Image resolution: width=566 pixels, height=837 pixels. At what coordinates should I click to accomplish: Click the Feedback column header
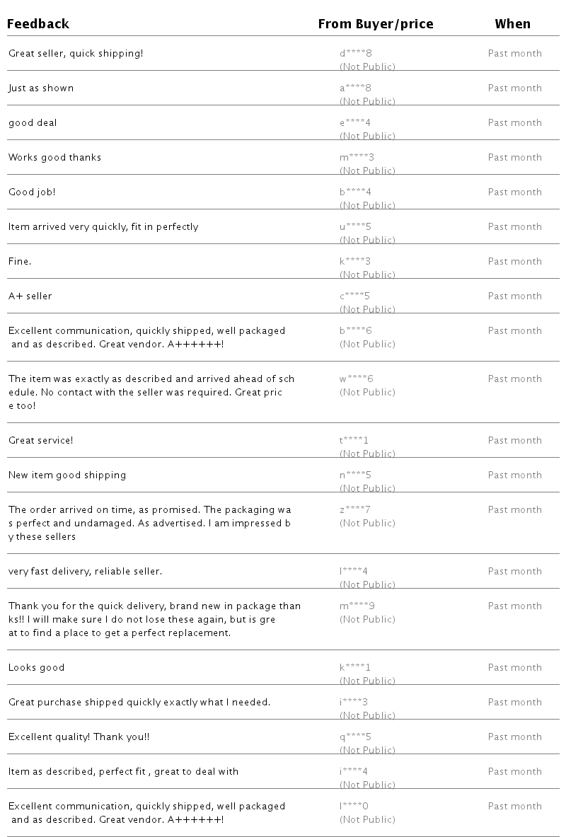point(38,24)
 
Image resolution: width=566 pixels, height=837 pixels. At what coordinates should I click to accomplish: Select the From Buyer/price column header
point(375,24)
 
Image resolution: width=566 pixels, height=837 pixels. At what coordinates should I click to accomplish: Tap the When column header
point(512,24)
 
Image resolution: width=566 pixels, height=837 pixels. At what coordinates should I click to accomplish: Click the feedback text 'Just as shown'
point(41,88)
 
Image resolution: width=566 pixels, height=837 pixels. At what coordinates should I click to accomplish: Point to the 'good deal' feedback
point(33,123)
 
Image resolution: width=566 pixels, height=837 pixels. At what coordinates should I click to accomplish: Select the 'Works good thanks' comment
point(54,158)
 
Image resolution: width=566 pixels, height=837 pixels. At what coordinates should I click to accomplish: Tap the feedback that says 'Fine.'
point(20,262)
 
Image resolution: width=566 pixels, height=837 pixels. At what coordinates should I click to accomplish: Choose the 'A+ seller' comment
point(30,296)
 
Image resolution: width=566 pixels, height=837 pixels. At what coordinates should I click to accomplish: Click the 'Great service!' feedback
point(40,441)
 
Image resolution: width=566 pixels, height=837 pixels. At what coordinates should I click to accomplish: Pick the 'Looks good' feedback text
point(36,668)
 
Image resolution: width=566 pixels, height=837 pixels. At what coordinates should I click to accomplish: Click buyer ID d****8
point(355,54)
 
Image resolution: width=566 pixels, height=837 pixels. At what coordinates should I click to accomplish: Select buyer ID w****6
point(356,379)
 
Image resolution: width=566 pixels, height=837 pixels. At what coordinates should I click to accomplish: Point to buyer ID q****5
point(355,737)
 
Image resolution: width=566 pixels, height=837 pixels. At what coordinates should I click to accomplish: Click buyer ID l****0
point(354,807)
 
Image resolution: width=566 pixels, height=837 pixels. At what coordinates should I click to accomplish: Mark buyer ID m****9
point(357,606)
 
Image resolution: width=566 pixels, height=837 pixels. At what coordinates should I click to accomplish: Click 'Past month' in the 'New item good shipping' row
point(514,475)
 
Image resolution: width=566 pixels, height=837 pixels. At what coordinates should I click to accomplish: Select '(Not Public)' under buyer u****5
point(367,241)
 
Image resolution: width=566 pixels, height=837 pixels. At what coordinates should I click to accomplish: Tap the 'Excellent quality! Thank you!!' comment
point(79,737)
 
